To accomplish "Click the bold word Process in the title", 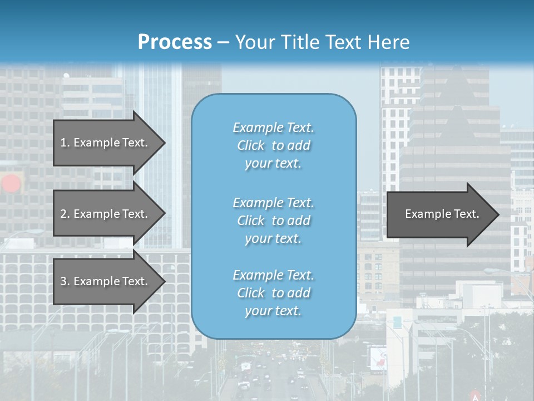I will pos(175,42).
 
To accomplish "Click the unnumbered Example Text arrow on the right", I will pos(442,214).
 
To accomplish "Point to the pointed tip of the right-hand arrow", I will pos(498,214).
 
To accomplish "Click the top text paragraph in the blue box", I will pos(273,145).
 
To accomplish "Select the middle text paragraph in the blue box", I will pos(273,221).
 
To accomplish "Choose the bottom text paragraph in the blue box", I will pos(273,293).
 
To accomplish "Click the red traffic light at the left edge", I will pos(11,183).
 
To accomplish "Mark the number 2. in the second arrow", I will pos(65,214).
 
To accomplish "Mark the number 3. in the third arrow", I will pos(65,281).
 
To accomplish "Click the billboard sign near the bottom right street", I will pos(378,357).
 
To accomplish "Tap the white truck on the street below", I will pos(245,367).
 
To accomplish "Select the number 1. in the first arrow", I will pos(65,143).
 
